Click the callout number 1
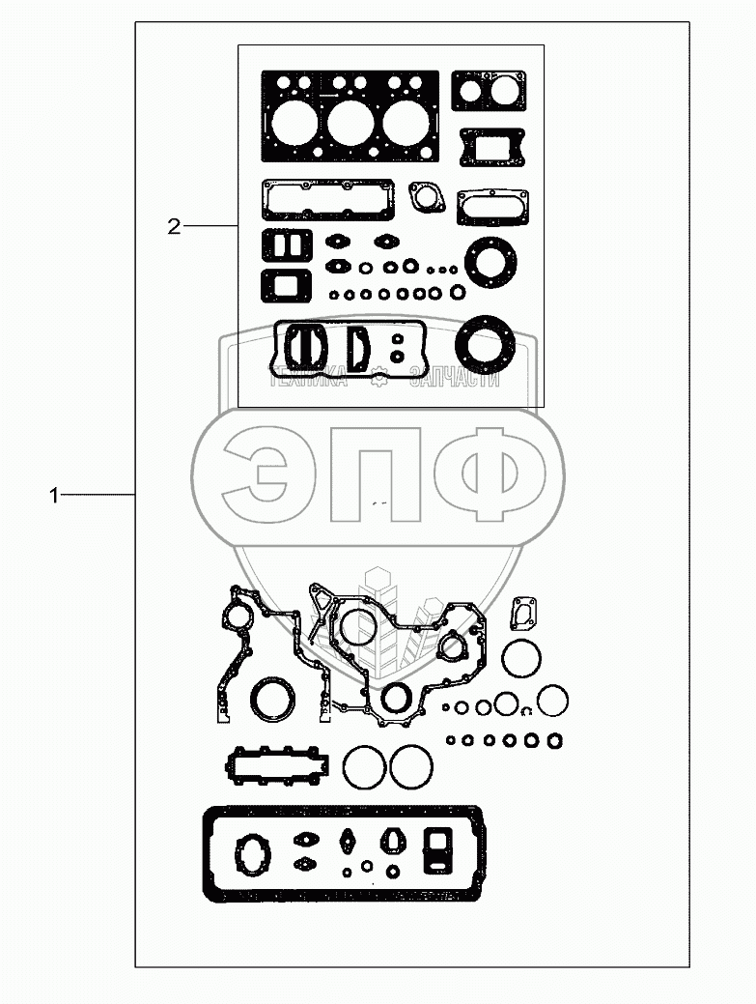pos(54,495)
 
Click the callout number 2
pos(174,227)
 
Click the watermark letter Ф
pos(490,474)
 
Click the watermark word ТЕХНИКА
pos(308,379)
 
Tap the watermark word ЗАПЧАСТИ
pos(455,379)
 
